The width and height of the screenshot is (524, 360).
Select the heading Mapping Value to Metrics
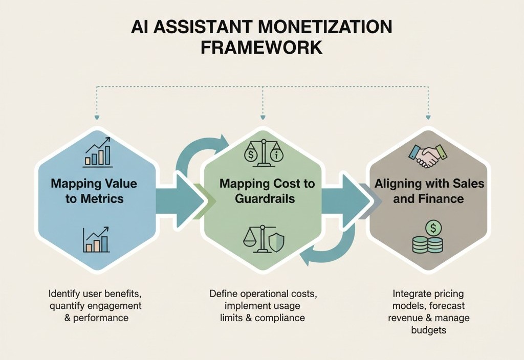click(x=94, y=191)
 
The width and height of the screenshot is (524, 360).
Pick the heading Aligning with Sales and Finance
click(x=429, y=191)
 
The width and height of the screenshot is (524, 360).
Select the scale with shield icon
click(x=264, y=239)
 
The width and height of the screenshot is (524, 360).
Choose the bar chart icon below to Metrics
click(x=96, y=240)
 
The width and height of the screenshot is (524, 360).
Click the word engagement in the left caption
click(x=113, y=306)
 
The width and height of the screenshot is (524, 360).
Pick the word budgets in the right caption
click(x=428, y=330)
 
